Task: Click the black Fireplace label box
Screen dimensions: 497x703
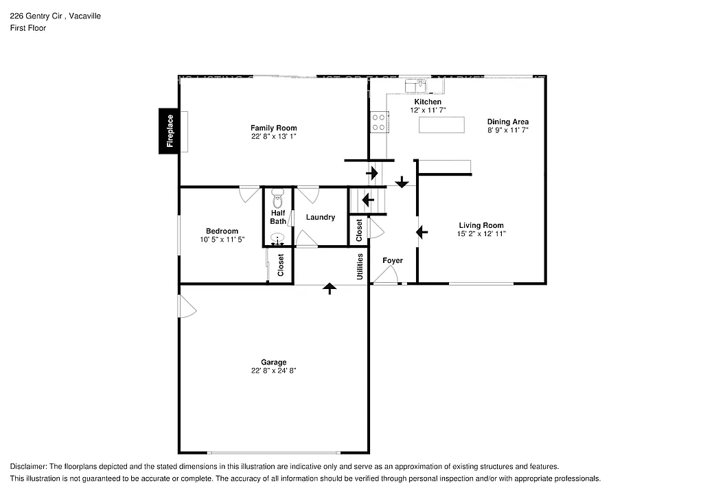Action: [x=170, y=131]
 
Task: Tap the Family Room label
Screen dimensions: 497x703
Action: [x=273, y=128]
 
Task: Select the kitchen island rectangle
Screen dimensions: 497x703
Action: [x=441, y=125]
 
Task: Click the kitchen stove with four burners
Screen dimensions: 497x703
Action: [x=379, y=122]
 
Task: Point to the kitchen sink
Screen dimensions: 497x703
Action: [x=415, y=85]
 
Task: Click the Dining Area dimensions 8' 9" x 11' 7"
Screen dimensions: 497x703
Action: [x=508, y=130]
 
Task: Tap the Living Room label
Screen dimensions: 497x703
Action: [x=481, y=225]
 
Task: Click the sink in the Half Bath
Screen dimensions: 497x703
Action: [x=277, y=239]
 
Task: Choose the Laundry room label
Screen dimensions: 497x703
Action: [x=321, y=218]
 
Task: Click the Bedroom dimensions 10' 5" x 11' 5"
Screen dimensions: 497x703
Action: [x=222, y=240]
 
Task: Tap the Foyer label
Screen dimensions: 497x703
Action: [x=393, y=261]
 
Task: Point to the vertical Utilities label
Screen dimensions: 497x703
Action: [x=359, y=266]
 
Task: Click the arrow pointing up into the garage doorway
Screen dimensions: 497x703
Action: [x=330, y=288]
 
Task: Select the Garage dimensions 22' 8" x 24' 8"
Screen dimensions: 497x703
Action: [x=273, y=371]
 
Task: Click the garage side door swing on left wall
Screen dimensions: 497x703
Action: [x=187, y=306]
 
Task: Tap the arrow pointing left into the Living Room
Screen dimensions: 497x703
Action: [x=422, y=232]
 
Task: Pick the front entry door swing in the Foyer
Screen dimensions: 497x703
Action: [x=386, y=275]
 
